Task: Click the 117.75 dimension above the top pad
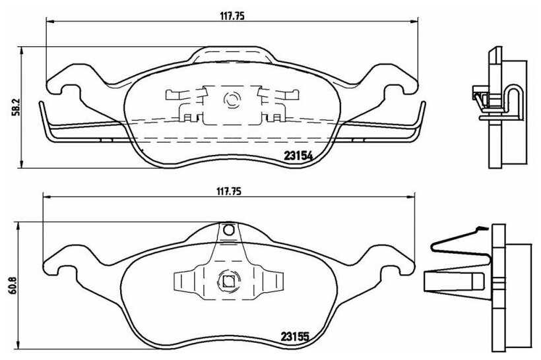pos(232,16)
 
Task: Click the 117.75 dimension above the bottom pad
pos(229,191)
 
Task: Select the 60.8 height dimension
pos(14,285)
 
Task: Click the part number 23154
pos(298,156)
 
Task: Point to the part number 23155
pos(294,336)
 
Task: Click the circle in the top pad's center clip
pos(230,100)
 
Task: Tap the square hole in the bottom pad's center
pos(228,282)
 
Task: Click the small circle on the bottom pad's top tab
pos(228,229)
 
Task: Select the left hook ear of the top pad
pos(65,83)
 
